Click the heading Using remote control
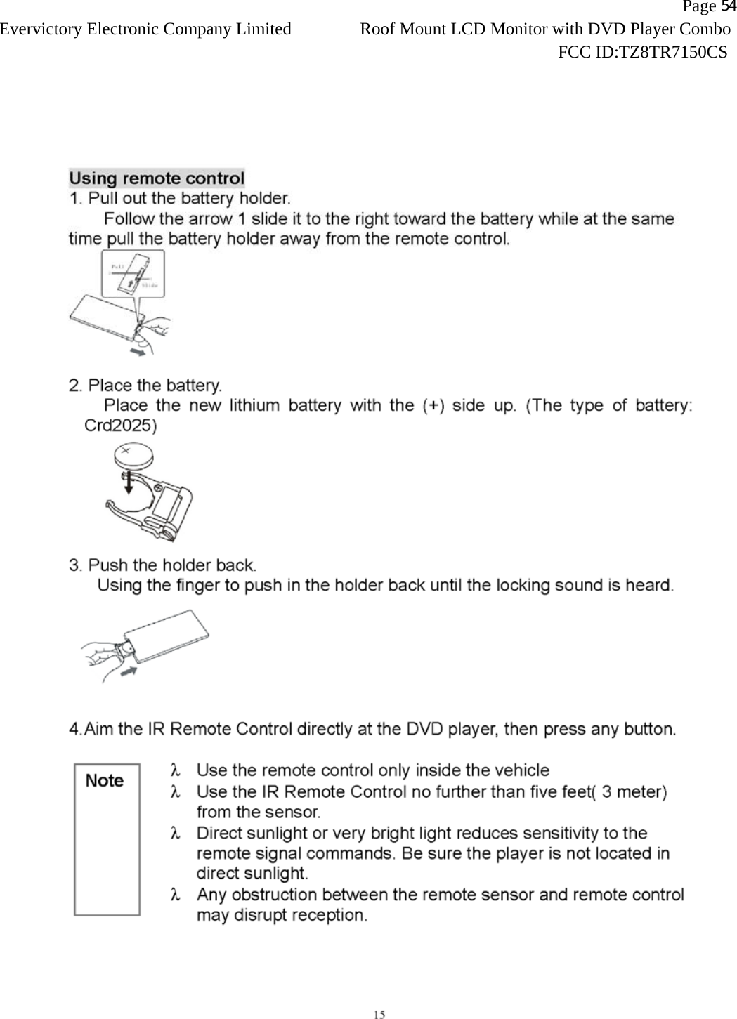[157, 178]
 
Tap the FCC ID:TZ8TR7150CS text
[641, 52]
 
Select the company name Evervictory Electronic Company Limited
[145, 29]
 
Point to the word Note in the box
[104, 781]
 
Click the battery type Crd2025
[120, 426]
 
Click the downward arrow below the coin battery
[128, 483]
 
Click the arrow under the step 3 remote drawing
[128, 672]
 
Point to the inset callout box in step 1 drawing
[133, 272]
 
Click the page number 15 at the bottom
[379, 1013]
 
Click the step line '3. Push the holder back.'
[163, 565]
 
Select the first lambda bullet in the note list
[176, 771]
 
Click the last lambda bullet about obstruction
[176, 895]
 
